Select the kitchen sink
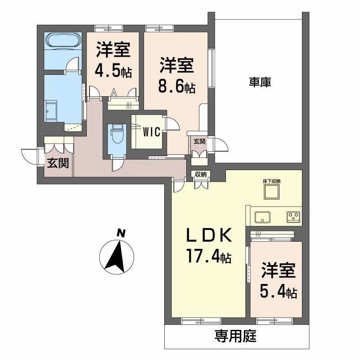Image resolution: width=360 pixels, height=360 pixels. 262,218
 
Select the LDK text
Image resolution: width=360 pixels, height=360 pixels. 209,236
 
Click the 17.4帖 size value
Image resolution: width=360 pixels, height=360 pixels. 209,256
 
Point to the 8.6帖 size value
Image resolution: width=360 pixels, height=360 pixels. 176,87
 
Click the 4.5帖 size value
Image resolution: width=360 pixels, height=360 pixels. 112,71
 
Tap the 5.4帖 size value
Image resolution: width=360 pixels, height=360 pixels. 278,292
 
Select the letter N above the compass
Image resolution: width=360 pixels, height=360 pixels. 120,233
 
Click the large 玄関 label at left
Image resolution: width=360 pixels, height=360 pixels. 58,163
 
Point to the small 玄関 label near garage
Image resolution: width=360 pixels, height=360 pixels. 199,141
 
